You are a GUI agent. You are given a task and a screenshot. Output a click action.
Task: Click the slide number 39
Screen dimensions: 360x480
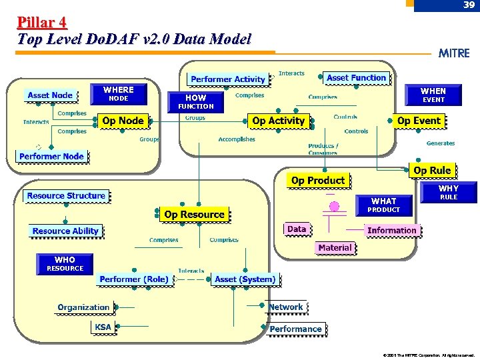469,5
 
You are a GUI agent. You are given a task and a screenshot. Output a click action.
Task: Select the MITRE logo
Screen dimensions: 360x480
454,53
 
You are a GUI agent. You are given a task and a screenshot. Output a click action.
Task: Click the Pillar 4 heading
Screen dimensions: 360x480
42,23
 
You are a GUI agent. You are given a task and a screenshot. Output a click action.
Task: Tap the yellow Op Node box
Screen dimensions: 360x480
123,121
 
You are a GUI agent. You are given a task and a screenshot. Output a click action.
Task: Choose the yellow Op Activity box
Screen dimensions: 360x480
278,121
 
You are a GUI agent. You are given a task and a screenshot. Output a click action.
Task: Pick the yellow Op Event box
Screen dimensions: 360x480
418,121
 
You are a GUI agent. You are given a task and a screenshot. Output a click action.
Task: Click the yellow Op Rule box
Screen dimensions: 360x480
432,171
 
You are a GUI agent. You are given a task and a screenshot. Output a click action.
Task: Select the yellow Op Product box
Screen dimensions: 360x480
318,181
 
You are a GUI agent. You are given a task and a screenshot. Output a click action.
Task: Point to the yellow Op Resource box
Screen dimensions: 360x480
194,215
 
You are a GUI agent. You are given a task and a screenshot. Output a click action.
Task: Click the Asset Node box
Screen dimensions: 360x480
50,95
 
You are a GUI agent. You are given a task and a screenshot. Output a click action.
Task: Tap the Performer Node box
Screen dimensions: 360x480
51,157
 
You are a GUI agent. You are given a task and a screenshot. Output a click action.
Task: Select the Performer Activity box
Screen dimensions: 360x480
227,79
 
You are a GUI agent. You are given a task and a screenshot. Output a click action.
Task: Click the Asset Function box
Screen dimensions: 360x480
356,78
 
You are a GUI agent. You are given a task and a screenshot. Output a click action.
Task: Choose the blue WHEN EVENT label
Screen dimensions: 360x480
433,95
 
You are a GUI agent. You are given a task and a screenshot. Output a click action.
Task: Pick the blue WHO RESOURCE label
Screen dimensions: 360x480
65,264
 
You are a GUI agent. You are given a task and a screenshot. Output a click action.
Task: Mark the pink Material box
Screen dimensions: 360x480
335,248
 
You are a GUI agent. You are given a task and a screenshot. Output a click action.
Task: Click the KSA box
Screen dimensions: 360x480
103,327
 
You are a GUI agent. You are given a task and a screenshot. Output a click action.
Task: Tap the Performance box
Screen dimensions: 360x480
295,329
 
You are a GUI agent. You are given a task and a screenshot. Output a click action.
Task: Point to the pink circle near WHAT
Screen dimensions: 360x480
335,206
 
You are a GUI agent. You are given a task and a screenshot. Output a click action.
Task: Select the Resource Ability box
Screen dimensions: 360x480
65,231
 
